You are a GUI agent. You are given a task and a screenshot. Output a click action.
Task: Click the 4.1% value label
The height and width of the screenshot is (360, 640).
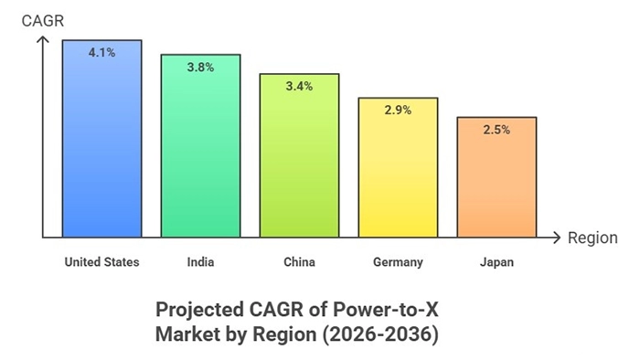pos(101,53)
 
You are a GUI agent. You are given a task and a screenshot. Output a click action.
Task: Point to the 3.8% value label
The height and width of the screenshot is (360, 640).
pos(200,67)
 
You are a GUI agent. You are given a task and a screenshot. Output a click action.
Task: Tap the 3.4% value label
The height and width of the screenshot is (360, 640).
pos(299,87)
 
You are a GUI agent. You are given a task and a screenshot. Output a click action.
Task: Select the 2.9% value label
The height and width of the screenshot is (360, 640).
pos(398,110)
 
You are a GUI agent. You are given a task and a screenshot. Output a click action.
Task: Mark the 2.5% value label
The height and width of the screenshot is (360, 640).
pos(496,130)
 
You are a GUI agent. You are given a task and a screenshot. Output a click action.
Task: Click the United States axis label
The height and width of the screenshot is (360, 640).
pos(101,262)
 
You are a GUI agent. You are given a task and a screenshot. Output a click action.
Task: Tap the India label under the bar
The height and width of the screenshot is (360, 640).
pos(200,262)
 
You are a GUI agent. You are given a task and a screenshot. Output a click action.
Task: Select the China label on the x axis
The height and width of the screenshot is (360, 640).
pos(299,262)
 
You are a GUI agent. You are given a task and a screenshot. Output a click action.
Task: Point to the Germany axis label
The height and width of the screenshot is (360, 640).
pos(398,262)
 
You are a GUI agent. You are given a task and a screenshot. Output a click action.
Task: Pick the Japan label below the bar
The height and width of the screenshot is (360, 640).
pos(496,262)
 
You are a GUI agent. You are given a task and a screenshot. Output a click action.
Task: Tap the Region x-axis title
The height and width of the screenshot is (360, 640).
pos(592,238)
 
